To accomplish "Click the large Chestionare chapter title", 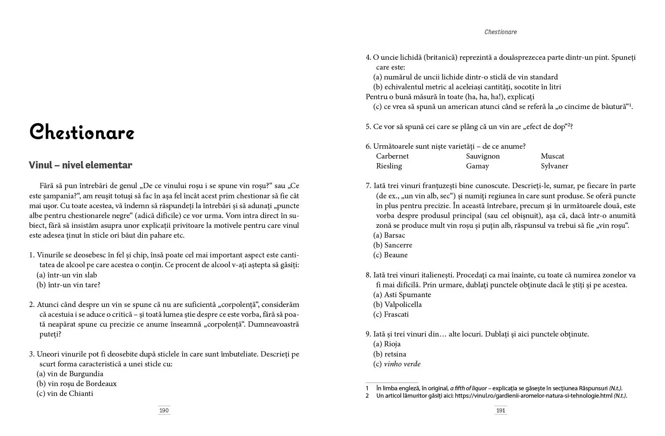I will [82, 133].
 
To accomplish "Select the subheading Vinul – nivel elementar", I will [81, 165].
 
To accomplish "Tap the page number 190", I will [164, 410].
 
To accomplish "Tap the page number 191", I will [500, 410].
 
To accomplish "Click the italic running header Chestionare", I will [500, 32].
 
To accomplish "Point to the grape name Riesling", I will [389, 166].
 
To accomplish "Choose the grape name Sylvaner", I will [554, 166].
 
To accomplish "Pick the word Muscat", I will [552, 156].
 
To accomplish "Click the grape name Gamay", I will [477, 166].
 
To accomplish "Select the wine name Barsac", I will [394, 235].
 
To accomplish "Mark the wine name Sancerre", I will [398, 245].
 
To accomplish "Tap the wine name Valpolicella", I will [403, 304].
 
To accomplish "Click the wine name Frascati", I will [396, 314].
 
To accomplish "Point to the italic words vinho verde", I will [402, 364].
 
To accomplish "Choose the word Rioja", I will [392, 344].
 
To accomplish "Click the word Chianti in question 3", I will [81, 393].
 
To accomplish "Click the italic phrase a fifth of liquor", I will [468, 388].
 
